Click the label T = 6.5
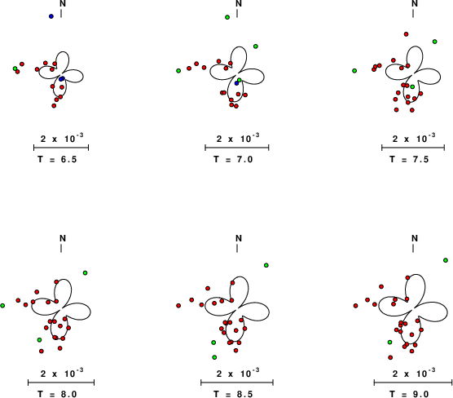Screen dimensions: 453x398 [57, 159]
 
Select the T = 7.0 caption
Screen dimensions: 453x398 [233, 159]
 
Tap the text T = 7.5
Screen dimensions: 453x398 [409, 159]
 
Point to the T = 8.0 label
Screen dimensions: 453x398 [57, 394]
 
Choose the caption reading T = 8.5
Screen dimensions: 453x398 [233, 394]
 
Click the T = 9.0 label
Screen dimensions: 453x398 [409, 394]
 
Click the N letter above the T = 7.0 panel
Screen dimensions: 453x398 [239, 3]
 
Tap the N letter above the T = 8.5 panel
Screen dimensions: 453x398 [239, 238]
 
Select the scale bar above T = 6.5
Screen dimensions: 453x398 [61, 148]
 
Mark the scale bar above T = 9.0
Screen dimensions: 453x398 [413, 383]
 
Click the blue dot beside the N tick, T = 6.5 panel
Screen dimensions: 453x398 [51, 16]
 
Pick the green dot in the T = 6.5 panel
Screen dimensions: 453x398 [15, 69]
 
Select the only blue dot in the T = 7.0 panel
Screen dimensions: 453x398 [236, 83]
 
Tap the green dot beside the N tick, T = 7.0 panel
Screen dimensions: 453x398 [227, 17]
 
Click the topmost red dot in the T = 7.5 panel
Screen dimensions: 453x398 [407, 34]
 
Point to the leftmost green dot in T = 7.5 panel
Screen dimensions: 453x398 [354, 71]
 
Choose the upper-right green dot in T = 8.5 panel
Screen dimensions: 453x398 [266, 265]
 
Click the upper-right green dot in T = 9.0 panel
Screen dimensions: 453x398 [446, 260]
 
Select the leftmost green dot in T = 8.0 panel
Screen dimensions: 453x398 [2, 306]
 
